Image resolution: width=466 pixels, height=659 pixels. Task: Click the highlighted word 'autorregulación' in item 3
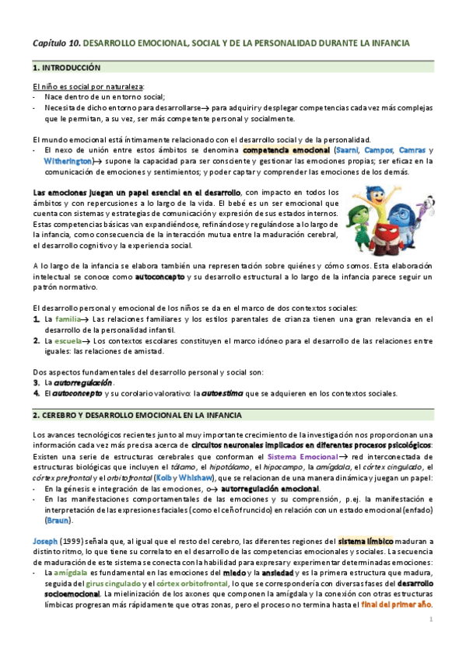coord(82,382)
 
